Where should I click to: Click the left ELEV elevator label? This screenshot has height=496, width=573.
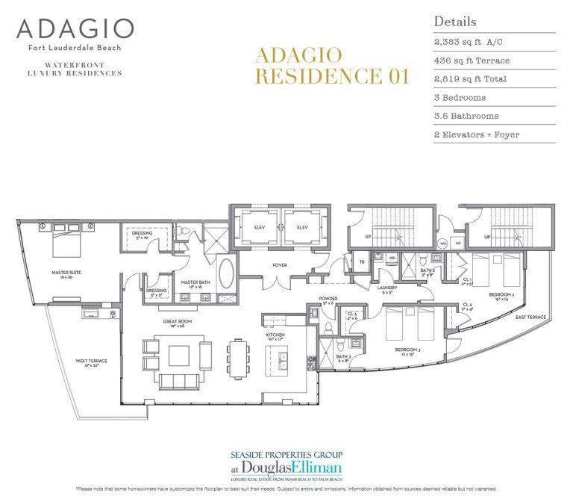coord(259,227)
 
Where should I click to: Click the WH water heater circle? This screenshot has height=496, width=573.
coord(442,243)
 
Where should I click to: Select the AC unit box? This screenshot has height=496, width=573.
coord(459,243)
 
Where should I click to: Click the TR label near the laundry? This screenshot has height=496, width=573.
coord(361,261)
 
